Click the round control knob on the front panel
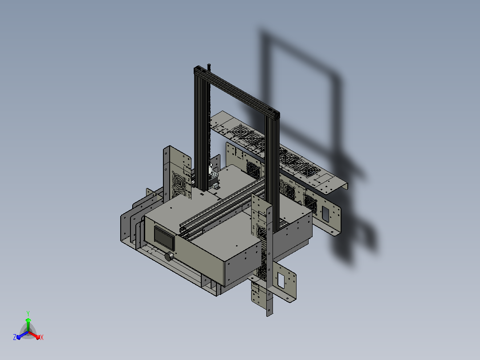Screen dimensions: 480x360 tap(169, 256)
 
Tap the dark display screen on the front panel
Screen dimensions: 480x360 tap(164, 238)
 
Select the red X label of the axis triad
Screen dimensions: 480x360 tap(42, 337)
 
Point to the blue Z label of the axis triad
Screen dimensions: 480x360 tap(15, 337)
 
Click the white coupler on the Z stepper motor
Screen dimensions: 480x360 tap(211, 169)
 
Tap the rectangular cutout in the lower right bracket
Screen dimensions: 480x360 tap(281, 281)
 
